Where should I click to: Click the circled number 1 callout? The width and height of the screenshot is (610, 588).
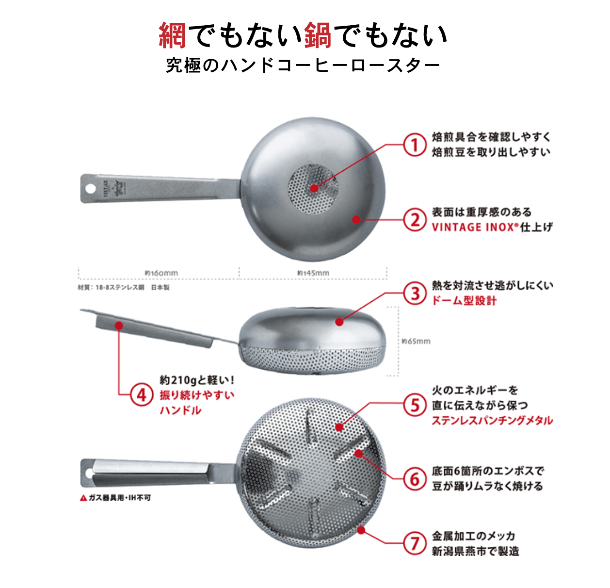415,145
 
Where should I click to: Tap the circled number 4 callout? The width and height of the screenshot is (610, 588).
141,394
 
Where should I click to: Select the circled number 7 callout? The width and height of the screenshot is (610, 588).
415,543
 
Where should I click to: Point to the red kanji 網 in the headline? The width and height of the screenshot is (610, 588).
173,35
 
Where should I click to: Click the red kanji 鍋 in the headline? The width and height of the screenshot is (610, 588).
318,35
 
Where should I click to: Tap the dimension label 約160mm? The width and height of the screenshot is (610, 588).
161,273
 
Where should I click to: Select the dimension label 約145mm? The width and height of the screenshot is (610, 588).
313,273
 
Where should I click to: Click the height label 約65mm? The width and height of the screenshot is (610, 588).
416,341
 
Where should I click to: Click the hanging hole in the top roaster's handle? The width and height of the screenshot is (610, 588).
91,188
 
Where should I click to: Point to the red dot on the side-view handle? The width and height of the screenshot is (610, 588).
119,326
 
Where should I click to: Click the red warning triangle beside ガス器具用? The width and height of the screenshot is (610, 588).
83,498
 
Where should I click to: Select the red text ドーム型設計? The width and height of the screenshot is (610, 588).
464,301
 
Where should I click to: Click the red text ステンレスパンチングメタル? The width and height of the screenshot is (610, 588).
492,420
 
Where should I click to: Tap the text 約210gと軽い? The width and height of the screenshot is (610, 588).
197,380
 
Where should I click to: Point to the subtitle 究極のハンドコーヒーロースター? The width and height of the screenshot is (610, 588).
303,65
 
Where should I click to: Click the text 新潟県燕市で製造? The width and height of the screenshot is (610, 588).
475,551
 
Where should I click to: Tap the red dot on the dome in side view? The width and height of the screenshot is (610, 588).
339,322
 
